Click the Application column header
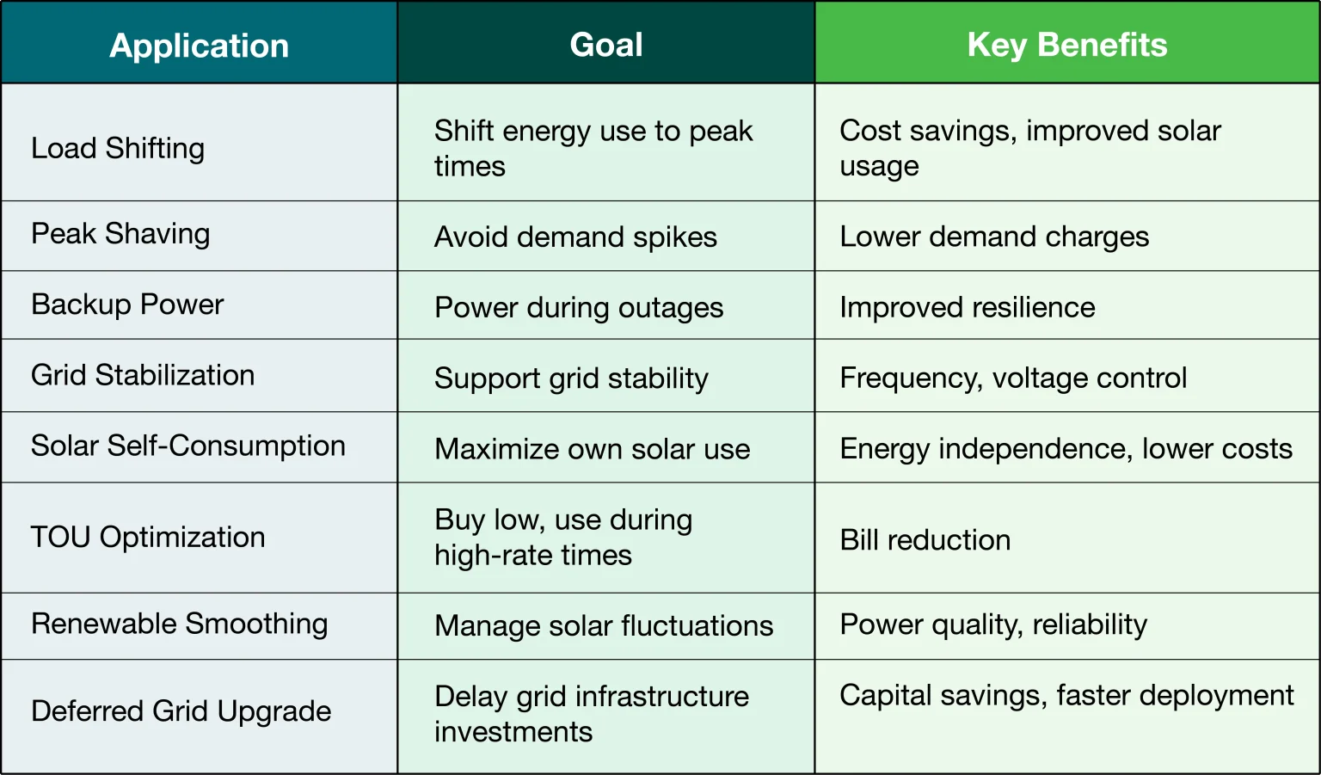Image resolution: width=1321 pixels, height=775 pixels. click(x=200, y=46)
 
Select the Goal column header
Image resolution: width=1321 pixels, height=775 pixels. click(x=606, y=45)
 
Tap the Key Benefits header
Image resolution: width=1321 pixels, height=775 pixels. click(x=1067, y=46)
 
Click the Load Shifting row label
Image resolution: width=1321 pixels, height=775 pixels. click(x=118, y=149)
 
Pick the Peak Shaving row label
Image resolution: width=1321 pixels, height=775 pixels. click(x=120, y=234)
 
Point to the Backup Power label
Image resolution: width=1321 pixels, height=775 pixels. click(x=127, y=304)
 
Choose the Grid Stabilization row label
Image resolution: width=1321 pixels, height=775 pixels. click(x=143, y=375)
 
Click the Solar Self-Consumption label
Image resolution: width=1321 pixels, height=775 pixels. click(x=188, y=446)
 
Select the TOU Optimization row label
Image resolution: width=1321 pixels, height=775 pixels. click(x=148, y=538)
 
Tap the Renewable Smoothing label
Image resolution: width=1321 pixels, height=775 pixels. click(x=179, y=624)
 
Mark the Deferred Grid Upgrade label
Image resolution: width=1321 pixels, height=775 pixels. click(x=181, y=711)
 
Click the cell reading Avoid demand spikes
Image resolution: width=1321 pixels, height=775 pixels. click(x=575, y=237)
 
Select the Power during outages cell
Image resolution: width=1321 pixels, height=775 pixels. click(x=579, y=308)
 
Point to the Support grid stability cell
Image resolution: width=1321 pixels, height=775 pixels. click(x=571, y=378)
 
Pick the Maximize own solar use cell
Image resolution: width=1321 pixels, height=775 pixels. click(x=592, y=449)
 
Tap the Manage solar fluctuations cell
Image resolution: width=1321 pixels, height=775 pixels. click(x=604, y=626)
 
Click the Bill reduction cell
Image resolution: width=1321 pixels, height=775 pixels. click(x=925, y=540)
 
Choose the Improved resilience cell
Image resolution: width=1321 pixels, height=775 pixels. click(x=968, y=307)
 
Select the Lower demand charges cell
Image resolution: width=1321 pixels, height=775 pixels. click(x=995, y=237)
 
